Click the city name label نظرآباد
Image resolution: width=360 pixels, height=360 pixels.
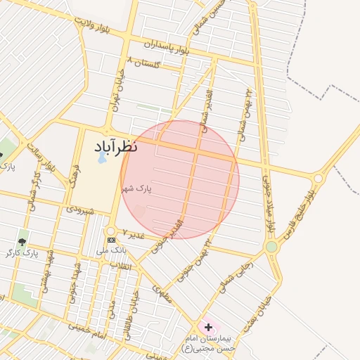115,147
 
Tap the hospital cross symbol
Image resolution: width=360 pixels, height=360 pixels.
208,327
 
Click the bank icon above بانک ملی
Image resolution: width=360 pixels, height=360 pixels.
111,240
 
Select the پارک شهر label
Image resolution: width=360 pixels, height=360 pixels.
136,189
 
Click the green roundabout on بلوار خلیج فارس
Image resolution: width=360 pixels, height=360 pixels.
271,247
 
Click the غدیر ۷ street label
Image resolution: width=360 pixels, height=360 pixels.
133,234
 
